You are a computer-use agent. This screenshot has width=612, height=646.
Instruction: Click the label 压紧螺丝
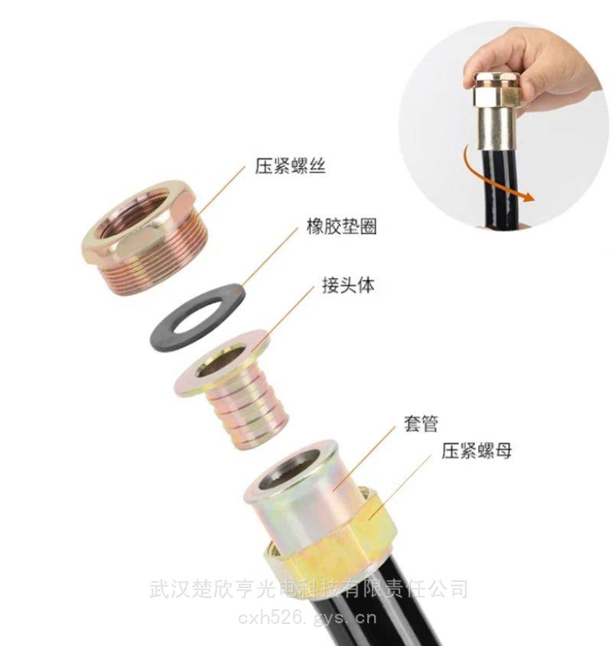tap(290, 166)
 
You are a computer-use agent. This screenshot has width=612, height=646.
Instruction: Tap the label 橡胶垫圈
tap(341, 226)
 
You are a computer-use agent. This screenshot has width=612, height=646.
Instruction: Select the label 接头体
tap(349, 285)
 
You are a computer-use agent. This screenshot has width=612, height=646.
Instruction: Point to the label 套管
tap(420, 424)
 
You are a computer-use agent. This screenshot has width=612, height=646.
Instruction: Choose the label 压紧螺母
tap(477, 450)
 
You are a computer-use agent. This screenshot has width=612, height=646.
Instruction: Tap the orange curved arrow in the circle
tap(491, 179)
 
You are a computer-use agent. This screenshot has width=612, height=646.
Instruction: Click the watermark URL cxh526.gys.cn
tap(308, 618)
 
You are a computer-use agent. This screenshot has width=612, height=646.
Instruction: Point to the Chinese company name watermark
tap(308, 589)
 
